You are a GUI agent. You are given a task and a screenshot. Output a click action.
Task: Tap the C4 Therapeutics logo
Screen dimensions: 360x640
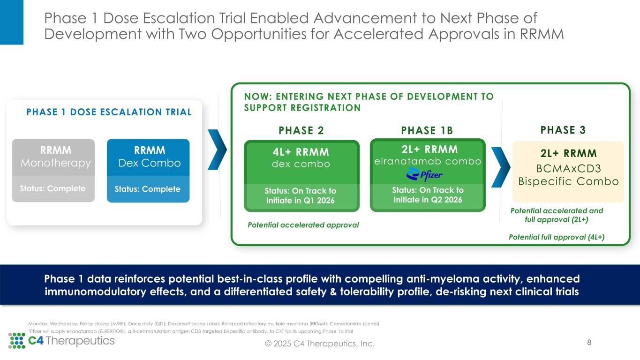tap(61, 341)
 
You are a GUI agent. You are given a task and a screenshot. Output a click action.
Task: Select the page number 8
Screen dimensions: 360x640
tap(589, 342)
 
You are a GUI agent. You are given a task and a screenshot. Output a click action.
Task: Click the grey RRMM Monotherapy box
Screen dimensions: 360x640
tap(53, 170)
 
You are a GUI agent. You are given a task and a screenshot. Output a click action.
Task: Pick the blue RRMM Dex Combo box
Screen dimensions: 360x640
tap(148, 170)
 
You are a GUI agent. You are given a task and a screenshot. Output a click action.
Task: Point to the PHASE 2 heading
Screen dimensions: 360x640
tap(301, 130)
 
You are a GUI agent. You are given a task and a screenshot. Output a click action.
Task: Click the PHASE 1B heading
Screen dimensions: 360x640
tap(427, 130)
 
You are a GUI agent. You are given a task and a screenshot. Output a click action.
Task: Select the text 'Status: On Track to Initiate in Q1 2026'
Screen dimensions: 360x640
tap(301, 195)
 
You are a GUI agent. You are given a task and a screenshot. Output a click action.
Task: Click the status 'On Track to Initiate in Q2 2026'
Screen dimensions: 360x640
tap(427, 195)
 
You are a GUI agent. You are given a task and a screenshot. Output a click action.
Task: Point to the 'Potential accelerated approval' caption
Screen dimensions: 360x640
tap(303, 225)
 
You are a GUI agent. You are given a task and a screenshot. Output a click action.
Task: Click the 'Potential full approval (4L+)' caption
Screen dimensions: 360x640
tap(557, 237)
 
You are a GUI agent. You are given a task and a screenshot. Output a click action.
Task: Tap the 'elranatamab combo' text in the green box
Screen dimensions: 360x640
tap(427, 161)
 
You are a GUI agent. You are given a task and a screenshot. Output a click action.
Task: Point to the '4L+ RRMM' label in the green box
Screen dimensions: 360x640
tap(301, 152)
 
